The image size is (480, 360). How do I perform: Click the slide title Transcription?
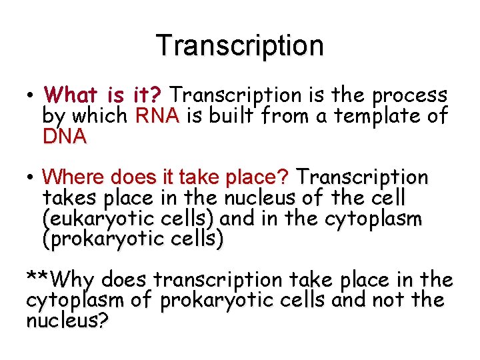coord(240,45)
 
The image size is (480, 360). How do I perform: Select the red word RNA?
coord(157,116)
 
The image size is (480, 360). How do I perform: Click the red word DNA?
coord(64,137)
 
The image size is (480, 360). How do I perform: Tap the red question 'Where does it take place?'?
coord(165,177)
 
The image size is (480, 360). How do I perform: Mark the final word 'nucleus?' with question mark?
coord(67,321)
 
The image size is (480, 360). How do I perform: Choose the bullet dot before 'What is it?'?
coord(31,95)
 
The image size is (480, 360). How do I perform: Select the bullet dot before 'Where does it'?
coord(31,178)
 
